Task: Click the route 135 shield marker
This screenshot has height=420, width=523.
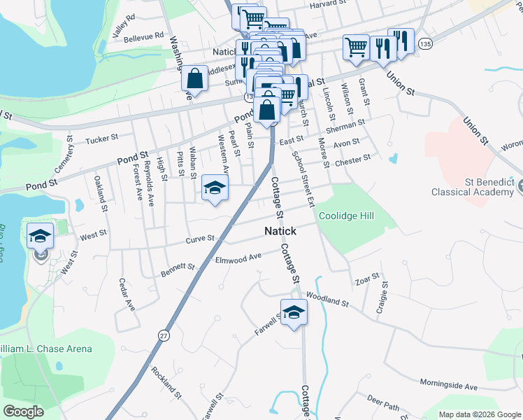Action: click(x=425, y=43)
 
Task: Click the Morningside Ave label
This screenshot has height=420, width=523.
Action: click(x=448, y=384)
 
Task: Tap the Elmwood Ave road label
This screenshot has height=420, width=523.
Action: click(x=238, y=258)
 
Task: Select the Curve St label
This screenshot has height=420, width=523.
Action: click(x=200, y=239)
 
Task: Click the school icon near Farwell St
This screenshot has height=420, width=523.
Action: click(x=294, y=313)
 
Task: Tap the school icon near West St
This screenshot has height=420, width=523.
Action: click(x=41, y=236)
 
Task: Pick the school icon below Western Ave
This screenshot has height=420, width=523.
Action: click(x=215, y=187)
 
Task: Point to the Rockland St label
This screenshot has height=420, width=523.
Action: click(x=166, y=384)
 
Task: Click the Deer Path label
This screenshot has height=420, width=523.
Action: click(x=382, y=407)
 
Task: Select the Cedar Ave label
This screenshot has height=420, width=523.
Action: click(x=126, y=294)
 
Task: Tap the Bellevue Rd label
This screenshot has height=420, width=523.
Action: click(x=143, y=35)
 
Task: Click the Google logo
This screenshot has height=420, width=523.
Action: click(x=24, y=412)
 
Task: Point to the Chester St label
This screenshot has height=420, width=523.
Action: click(x=352, y=160)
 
